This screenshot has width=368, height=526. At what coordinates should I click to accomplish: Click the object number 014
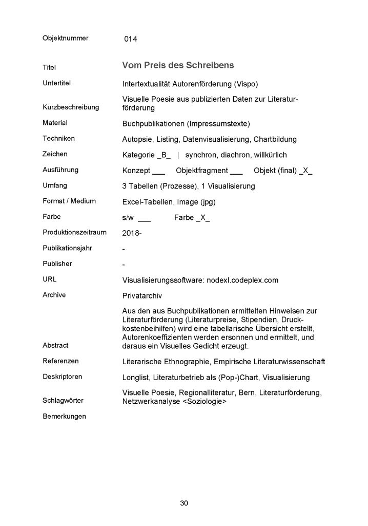click(x=130, y=39)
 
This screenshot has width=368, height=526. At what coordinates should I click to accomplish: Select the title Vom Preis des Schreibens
click(x=178, y=65)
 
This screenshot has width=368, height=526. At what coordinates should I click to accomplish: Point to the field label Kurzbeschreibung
click(x=70, y=107)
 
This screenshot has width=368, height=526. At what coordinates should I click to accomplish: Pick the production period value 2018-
click(x=132, y=233)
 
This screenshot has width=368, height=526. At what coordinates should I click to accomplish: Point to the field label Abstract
click(x=55, y=345)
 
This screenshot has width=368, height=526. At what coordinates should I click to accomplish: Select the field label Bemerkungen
click(x=64, y=416)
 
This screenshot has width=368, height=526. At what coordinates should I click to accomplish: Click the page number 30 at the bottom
click(x=184, y=503)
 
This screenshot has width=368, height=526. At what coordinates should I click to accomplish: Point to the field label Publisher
click(x=57, y=264)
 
